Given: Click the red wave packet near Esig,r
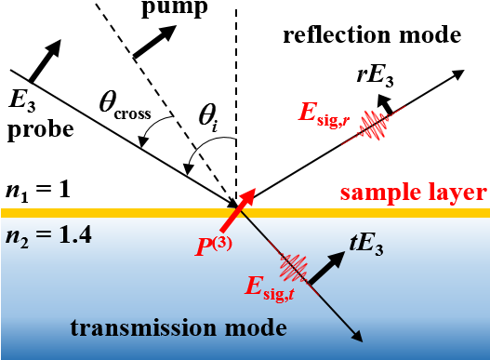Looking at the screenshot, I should point(375,125).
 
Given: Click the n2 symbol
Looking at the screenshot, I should point(18,238).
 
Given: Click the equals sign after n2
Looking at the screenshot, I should point(46,237).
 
